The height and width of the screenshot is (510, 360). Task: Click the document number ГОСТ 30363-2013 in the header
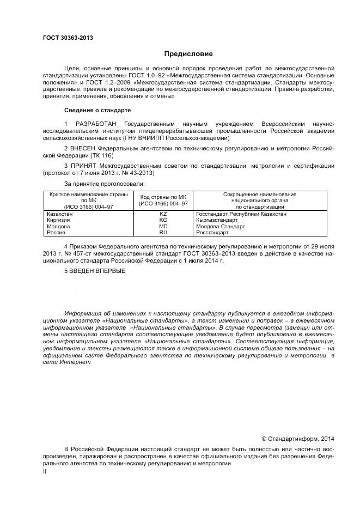(68, 38)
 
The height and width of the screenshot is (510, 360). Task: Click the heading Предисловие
(189, 54)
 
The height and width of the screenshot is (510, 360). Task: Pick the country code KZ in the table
(163, 214)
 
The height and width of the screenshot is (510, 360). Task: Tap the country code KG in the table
(163, 220)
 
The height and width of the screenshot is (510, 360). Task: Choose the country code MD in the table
(163, 226)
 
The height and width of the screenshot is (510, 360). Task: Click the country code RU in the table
(163, 232)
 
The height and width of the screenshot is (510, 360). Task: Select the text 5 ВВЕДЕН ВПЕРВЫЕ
(94, 271)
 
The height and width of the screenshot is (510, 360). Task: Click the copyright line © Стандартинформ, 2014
(298, 439)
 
